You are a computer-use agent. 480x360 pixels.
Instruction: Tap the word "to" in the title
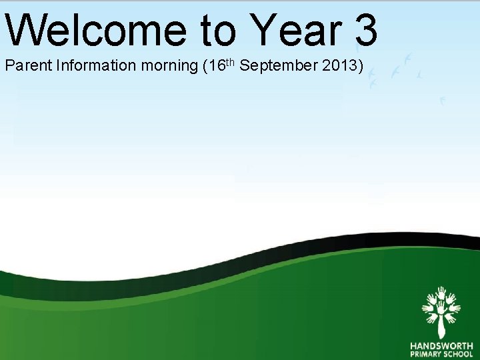click(x=217, y=29)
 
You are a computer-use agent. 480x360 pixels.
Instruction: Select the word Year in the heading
click(x=295, y=29)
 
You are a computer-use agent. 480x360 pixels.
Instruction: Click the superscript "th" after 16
click(x=228, y=63)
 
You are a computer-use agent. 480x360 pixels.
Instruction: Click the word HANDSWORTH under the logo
click(x=441, y=345)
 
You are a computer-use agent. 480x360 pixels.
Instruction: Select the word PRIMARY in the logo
click(x=425, y=355)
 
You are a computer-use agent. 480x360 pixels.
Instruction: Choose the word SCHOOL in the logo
click(x=458, y=355)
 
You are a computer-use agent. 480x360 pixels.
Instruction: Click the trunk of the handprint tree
click(x=441, y=327)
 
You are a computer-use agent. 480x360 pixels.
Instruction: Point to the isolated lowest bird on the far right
click(x=441, y=101)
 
